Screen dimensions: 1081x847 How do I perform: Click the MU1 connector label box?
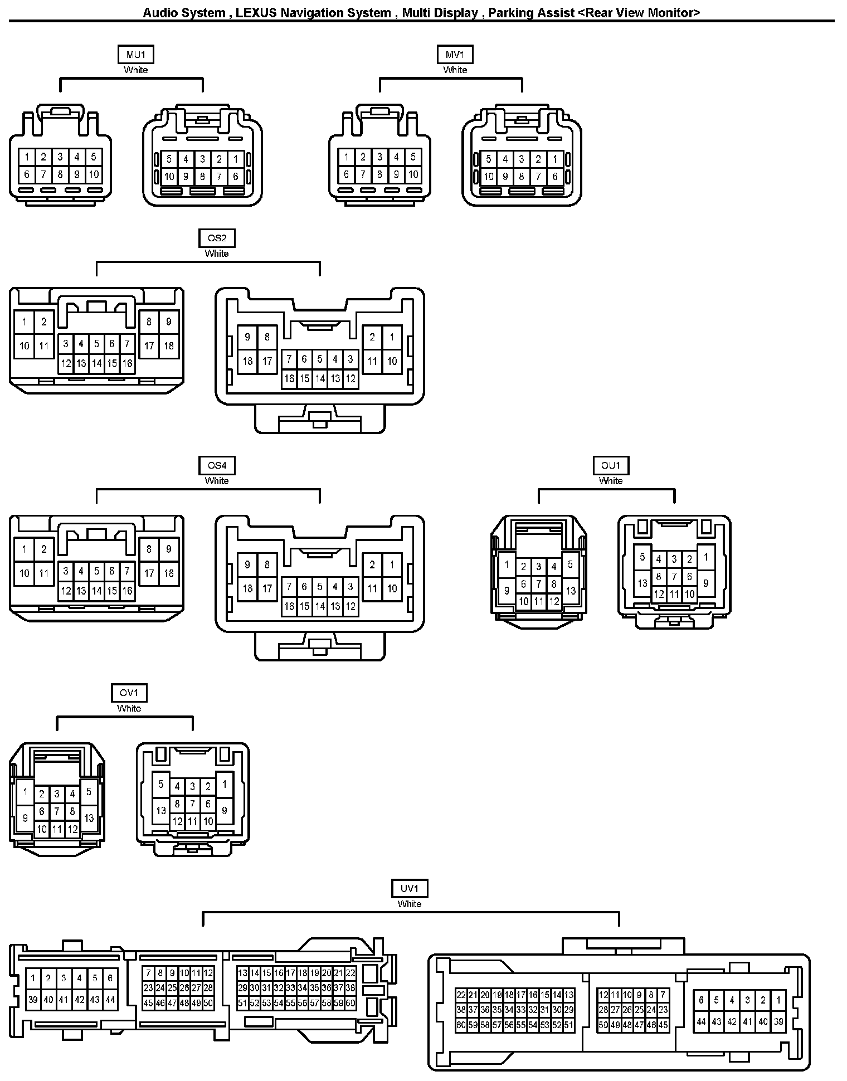pos(135,55)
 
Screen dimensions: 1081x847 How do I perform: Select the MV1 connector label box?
pos(455,55)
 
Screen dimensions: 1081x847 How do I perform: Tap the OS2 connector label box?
pos(217,238)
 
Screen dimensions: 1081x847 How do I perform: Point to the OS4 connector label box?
pos(217,465)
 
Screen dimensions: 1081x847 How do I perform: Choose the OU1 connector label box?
pos(611,465)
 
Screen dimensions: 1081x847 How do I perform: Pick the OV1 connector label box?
pos(129,693)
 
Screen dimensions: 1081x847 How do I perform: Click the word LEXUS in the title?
pos(256,13)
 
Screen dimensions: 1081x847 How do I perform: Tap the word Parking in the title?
pos(509,13)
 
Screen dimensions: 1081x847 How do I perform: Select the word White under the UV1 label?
pos(410,904)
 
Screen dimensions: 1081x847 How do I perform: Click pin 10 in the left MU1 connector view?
pos(94,174)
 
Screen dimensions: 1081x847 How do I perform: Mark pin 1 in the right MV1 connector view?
pos(554,159)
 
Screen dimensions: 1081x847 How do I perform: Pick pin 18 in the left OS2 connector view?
pos(168,346)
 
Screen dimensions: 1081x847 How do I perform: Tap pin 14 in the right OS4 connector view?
pos(320,606)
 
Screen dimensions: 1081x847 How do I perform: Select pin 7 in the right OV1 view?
pos(192,804)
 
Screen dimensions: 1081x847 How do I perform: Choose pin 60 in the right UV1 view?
pos(461,1025)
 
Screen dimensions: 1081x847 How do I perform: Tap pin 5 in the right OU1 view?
pos(642,557)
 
